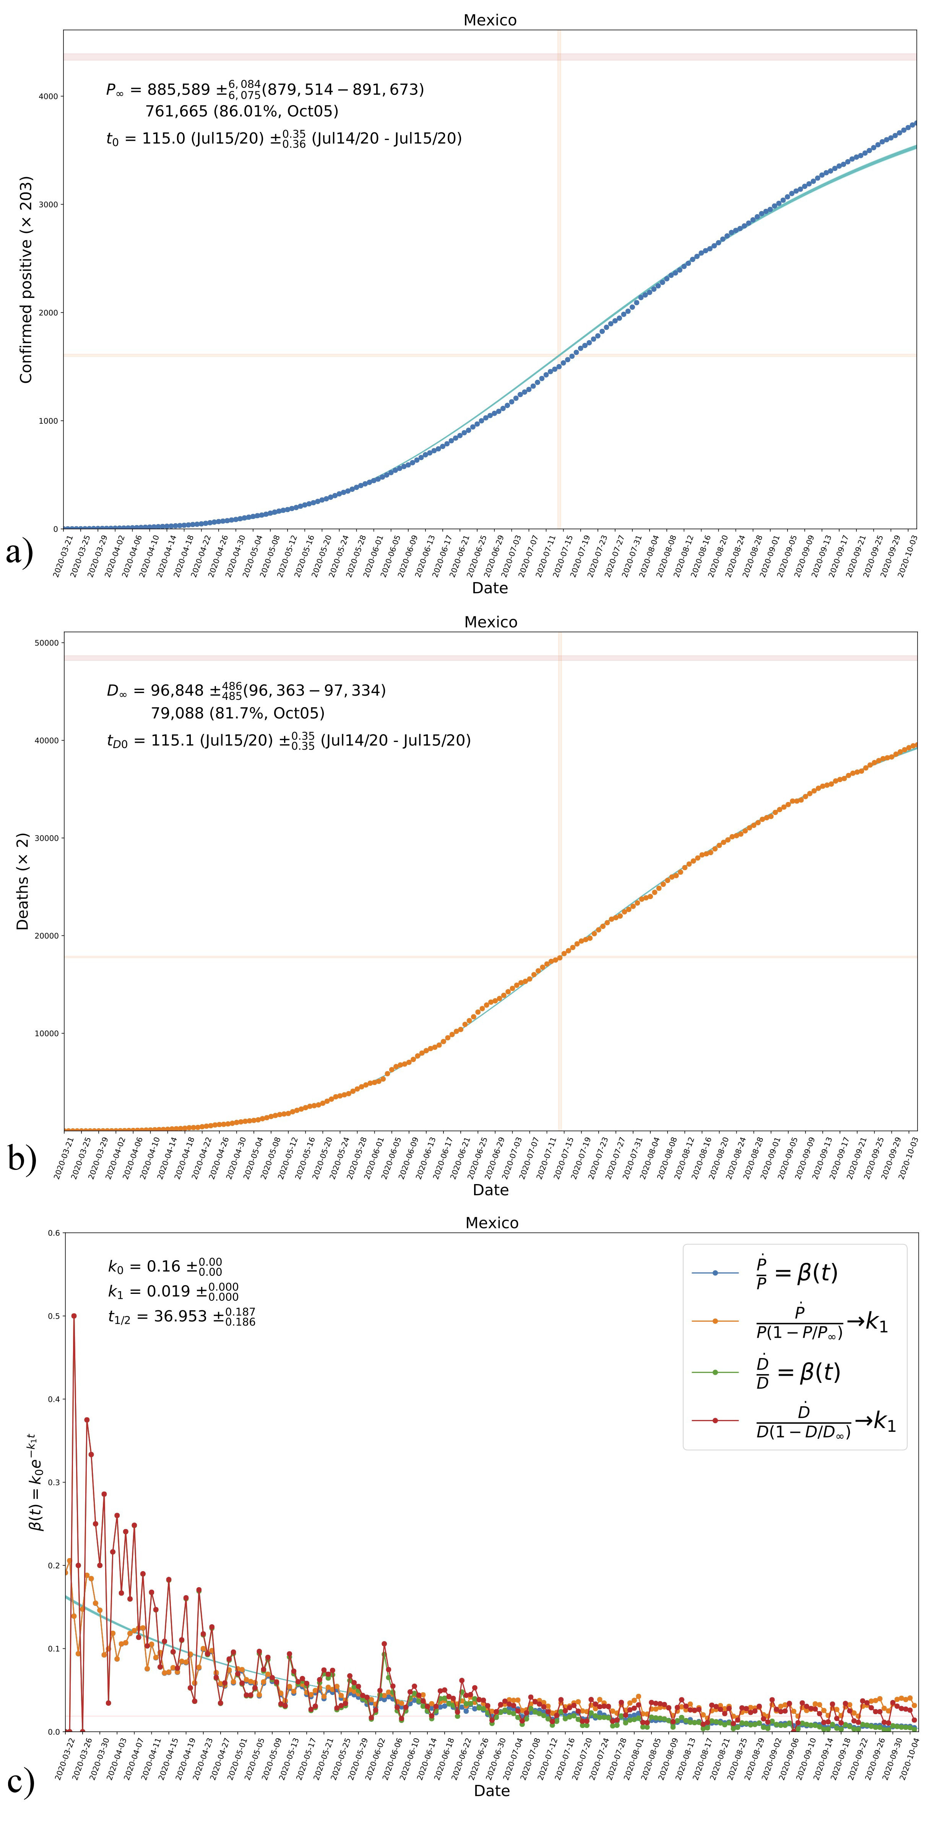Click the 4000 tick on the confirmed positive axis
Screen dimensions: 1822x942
click(48, 96)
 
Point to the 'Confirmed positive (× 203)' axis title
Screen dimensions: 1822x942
click(26, 280)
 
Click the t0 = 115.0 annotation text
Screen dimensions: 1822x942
click(283, 138)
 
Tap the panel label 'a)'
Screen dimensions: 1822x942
click(19, 551)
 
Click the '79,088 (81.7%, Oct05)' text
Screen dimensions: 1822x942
click(238, 713)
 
